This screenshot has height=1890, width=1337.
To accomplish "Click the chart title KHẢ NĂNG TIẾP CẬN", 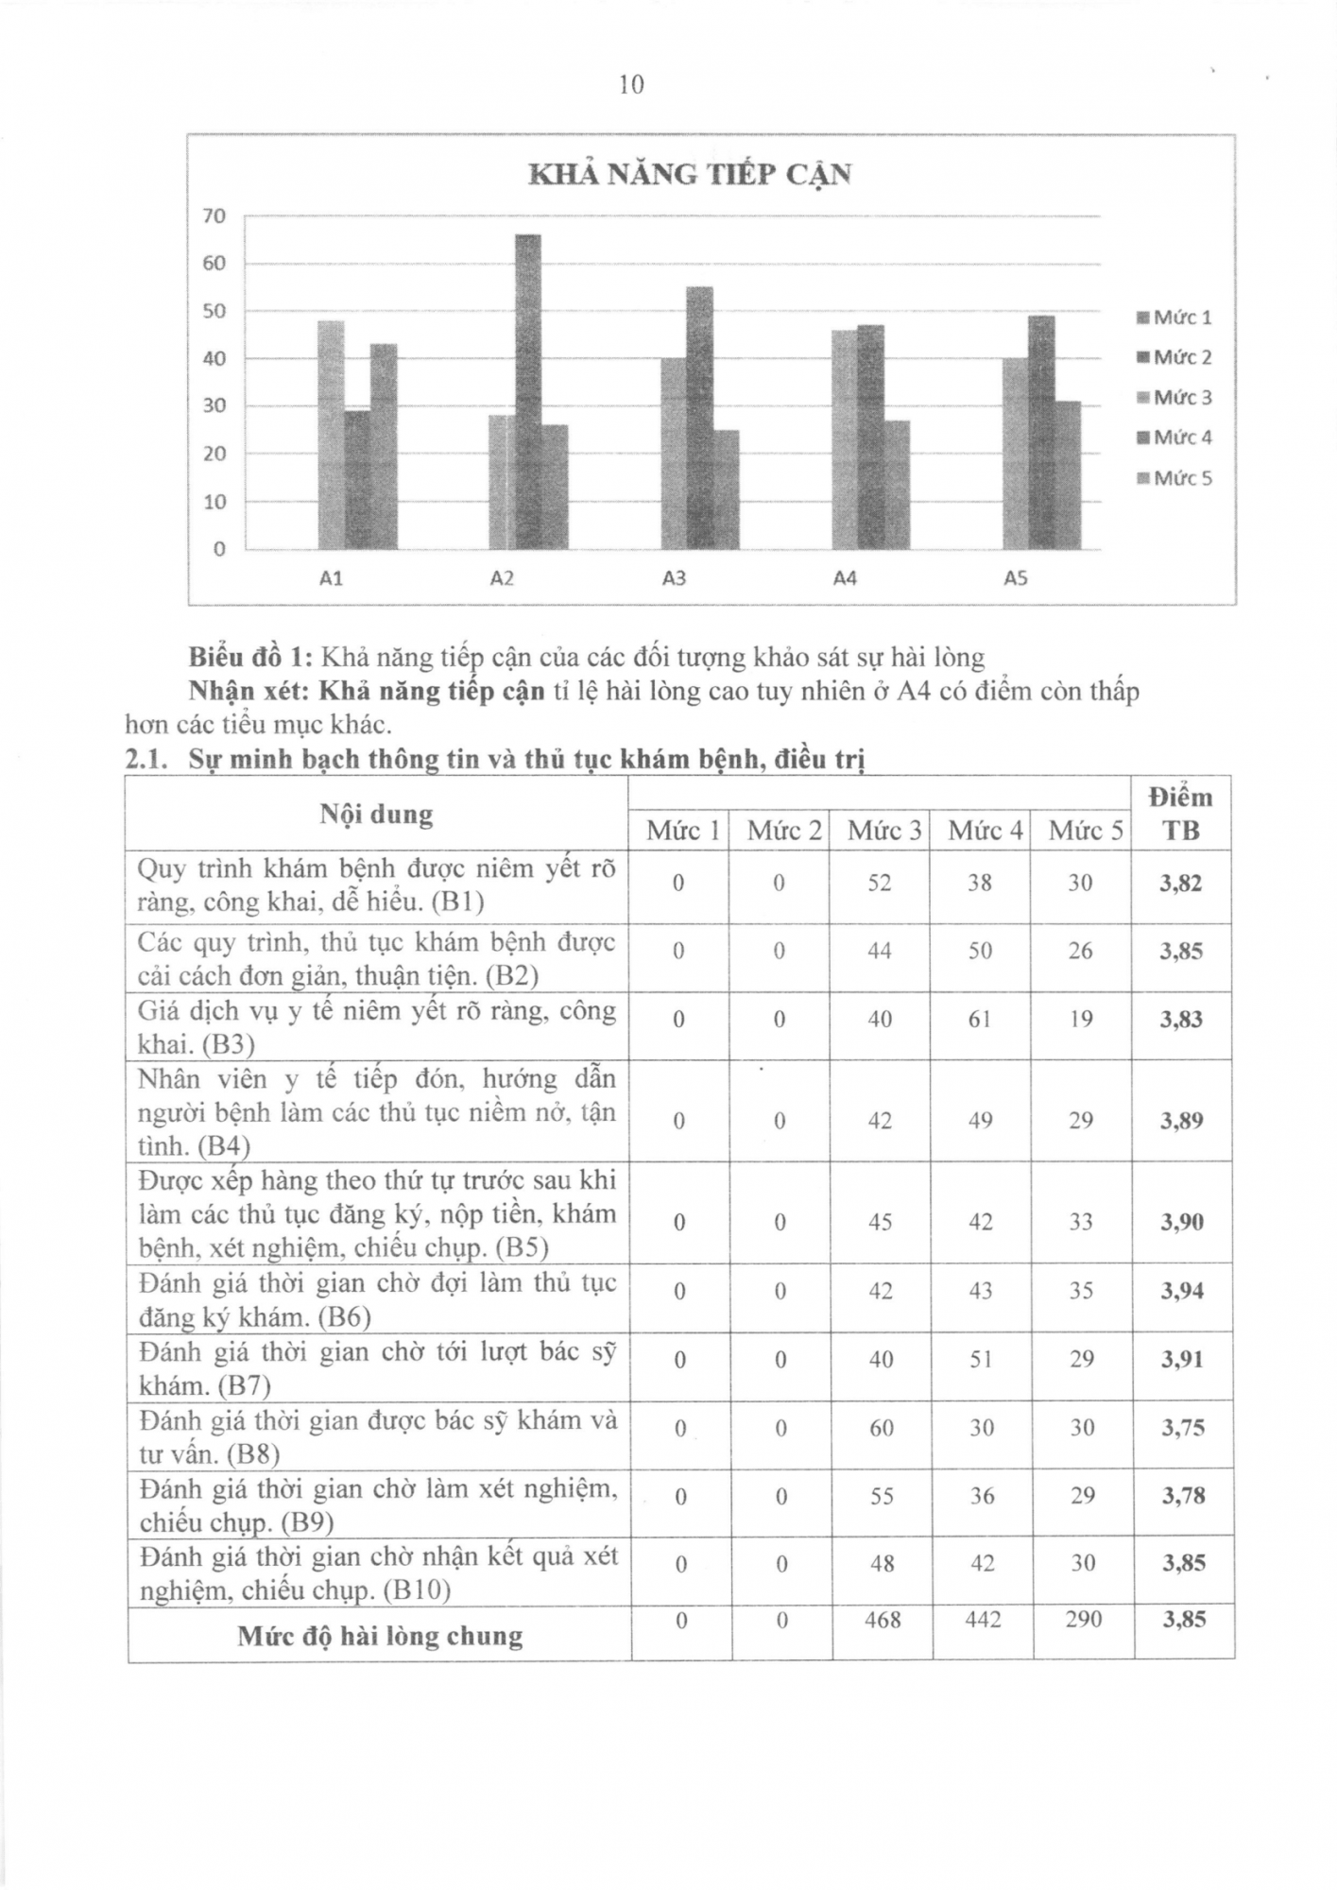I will (x=689, y=174).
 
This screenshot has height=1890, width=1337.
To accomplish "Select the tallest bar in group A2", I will (x=528, y=391).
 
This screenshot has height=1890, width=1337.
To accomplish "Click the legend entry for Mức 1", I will (x=1174, y=318).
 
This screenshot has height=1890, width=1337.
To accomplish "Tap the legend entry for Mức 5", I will (x=1174, y=478).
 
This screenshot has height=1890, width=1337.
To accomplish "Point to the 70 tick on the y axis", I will (x=214, y=216).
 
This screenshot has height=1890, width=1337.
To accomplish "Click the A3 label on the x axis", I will (x=674, y=577).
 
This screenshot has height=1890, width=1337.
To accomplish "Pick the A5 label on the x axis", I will (x=1015, y=577).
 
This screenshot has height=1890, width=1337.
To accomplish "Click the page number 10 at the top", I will (x=631, y=85).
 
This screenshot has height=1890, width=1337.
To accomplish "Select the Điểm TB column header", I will (x=1181, y=814).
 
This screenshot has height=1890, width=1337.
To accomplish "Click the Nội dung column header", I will (x=376, y=814).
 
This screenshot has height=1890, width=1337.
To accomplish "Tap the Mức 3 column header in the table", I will (x=883, y=831).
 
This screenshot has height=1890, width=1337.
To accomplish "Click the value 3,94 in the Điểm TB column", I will (x=1182, y=1291).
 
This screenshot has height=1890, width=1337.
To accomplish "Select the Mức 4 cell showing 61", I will (x=980, y=1019).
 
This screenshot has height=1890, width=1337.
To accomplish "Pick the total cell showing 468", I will (x=882, y=1619).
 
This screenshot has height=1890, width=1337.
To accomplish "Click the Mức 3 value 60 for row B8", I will (x=881, y=1427).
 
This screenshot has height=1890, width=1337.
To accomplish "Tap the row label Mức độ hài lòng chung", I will (x=380, y=1635).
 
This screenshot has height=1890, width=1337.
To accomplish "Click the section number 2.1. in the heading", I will (x=146, y=759).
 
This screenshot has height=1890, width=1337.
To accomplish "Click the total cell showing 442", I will (x=983, y=1619).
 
